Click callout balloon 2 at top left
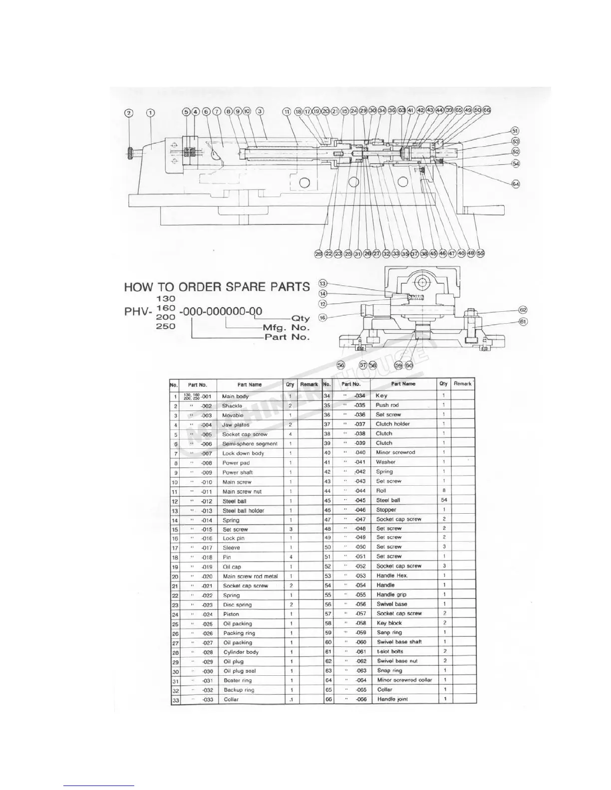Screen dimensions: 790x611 129,113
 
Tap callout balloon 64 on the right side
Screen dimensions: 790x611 516,184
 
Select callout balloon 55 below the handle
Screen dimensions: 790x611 481,253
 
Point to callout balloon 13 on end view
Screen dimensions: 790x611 322,283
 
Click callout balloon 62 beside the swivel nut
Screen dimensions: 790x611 523,310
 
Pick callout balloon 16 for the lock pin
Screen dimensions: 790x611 322,317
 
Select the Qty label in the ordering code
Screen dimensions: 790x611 301,319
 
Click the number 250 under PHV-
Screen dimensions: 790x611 166,326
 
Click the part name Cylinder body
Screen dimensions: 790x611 241,652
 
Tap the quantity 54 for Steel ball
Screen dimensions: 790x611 444,500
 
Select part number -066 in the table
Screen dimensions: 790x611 361,699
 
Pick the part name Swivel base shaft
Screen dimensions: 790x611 399,642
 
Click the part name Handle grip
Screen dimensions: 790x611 391,594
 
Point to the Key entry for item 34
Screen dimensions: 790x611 381,395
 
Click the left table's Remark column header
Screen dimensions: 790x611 309,385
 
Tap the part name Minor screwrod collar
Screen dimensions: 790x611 404,680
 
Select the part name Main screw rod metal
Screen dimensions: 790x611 250,577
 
